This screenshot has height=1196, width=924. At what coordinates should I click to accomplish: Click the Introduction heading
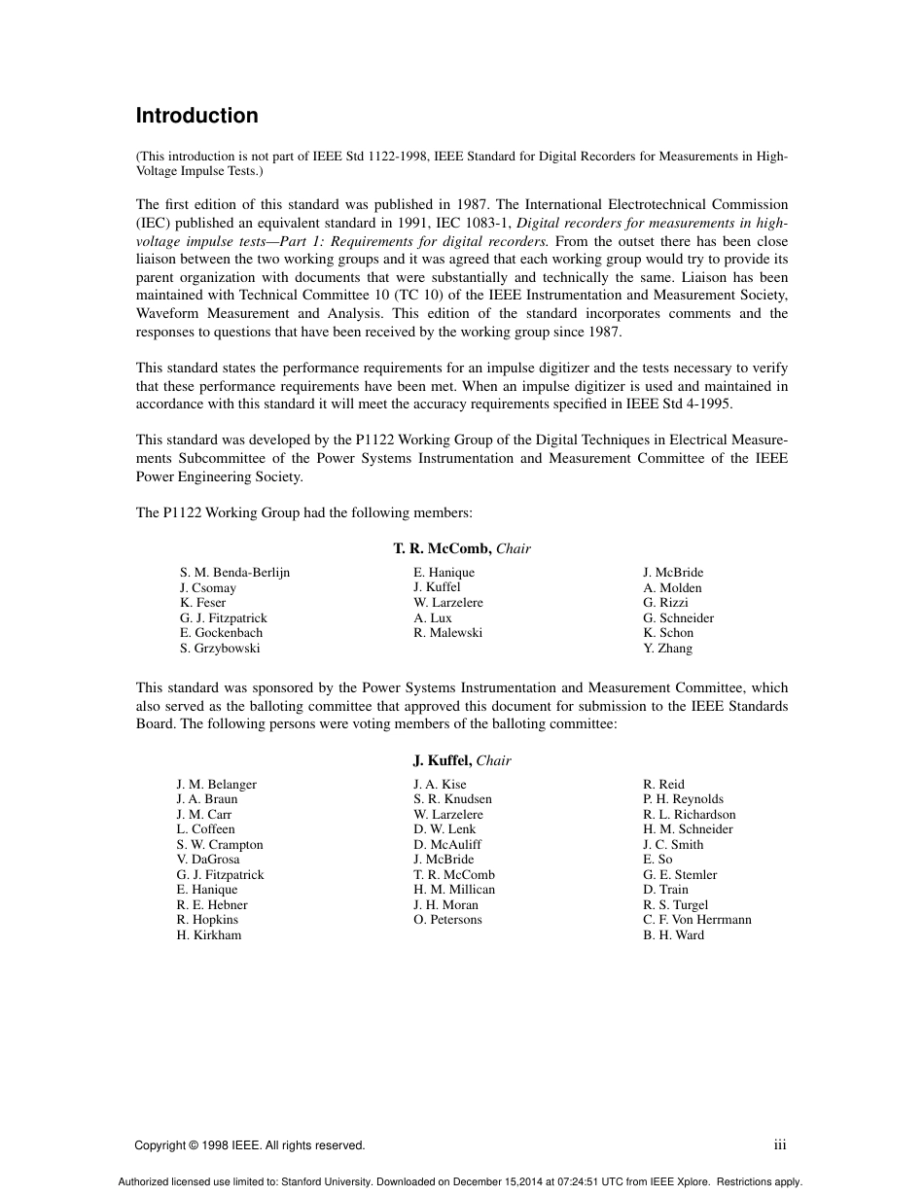[196, 116]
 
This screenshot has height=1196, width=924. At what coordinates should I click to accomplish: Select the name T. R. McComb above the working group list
[443, 548]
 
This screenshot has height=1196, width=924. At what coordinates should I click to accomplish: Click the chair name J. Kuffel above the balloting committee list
[443, 760]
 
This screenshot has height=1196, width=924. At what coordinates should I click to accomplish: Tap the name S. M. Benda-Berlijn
[234, 573]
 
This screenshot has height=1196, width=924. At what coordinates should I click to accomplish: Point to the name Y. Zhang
[667, 649]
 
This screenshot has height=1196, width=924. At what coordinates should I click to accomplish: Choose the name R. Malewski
[447, 633]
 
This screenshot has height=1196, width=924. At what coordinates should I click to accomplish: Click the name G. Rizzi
[665, 603]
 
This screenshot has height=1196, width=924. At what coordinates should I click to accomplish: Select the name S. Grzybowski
[220, 649]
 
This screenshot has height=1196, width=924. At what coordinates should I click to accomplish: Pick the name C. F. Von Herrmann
[696, 920]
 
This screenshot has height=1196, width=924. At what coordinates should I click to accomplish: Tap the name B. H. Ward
[673, 935]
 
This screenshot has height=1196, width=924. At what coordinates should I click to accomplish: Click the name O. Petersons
[447, 920]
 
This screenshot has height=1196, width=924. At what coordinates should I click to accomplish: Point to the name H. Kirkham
[209, 935]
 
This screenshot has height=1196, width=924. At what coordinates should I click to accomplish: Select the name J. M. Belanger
[217, 785]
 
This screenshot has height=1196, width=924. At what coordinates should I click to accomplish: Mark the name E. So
[657, 860]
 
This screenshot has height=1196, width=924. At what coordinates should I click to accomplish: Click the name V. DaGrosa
[208, 860]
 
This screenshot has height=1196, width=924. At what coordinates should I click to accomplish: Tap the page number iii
[780, 1145]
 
